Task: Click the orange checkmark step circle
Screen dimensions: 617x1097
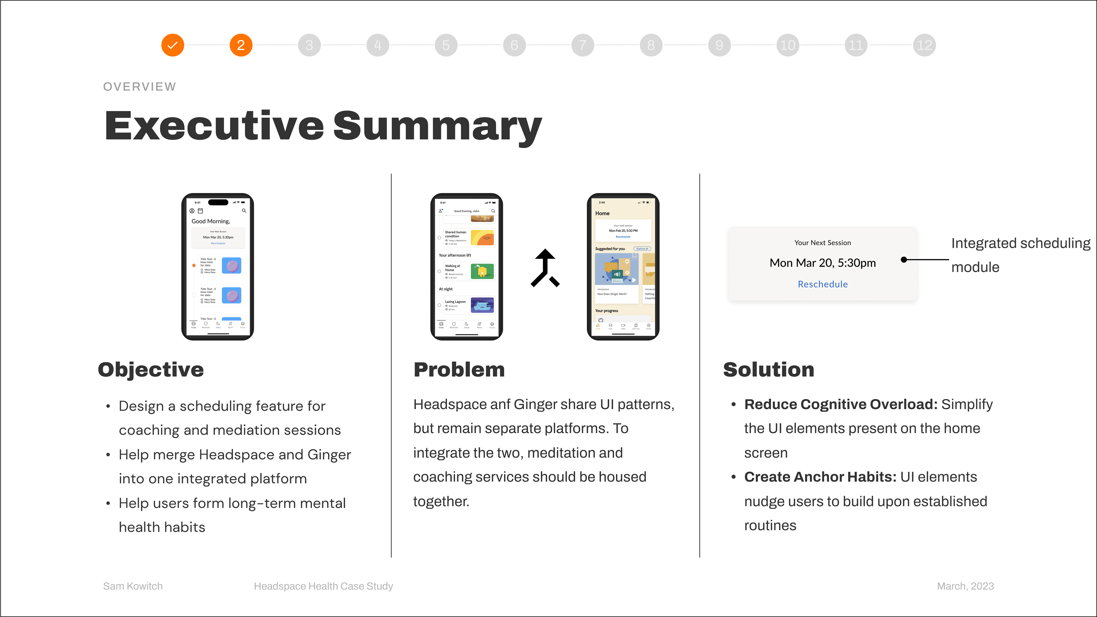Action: coord(173,45)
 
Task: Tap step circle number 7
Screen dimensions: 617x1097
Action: coord(582,45)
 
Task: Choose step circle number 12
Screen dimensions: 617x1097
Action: coord(924,45)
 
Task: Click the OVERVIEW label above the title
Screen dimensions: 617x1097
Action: coord(139,87)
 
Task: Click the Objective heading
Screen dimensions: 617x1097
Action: coord(151,370)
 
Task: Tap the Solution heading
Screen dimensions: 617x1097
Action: coord(768,370)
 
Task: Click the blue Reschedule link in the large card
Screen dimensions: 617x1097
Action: coord(822,284)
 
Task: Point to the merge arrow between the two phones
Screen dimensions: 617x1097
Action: coord(545,268)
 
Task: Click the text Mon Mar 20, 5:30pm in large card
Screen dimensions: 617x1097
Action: coord(822,263)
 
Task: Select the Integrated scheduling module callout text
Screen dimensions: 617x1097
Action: coord(1020,255)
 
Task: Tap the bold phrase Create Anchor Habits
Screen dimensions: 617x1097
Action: coord(820,477)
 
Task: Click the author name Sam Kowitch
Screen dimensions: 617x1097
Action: coord(133,586)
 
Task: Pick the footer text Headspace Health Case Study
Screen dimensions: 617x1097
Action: coord(323,586)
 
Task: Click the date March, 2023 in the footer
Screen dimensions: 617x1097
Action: coord(965,586)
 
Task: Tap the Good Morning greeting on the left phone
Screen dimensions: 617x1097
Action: coord(211,221)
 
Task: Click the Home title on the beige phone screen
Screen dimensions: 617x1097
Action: coord(602,213)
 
